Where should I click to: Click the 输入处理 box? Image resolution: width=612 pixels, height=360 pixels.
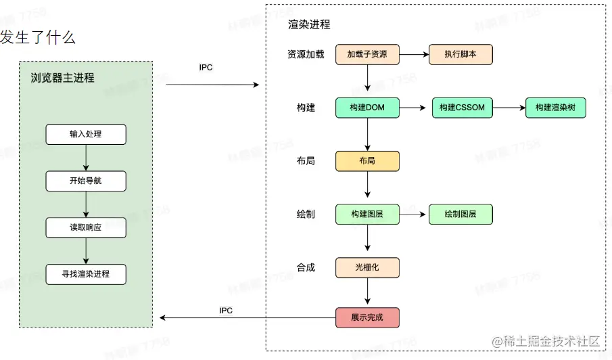(x=86, y=135)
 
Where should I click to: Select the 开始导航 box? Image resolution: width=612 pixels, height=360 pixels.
(x=86, y=181)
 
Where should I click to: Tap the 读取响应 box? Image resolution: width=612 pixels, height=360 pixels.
(x=86, y=228)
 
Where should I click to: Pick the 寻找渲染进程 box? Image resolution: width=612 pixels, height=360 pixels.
(x=86, y=274)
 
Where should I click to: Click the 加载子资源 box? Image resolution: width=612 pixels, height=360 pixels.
(x=367, y=54)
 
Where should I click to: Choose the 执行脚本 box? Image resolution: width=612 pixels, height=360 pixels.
(x=461, y=54)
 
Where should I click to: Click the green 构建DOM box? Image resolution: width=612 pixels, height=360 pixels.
(x=367, y=108)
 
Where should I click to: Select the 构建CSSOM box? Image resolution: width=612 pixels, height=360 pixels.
(x=462, y=108)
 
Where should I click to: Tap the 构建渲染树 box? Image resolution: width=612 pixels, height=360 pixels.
(x=555, y=108)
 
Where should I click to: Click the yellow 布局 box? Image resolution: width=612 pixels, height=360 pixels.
(x=367, y=161)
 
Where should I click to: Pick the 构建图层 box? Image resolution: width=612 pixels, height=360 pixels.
(x=367, y=215)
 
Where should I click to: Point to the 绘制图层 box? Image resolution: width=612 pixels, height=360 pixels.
(x=461, y=215)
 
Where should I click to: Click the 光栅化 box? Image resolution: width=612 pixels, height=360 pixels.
(x=367, y=267)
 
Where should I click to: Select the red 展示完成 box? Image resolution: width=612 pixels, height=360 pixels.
(x=367, y=317)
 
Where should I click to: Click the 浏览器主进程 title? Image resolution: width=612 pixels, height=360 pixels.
(x=63, y=78)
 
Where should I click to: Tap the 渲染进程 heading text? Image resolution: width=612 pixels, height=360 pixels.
(x=310, y=24)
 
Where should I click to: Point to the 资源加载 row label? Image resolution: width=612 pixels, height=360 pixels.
(x=306, y=54)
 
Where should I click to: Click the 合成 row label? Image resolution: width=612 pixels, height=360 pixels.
(x=306, y=267)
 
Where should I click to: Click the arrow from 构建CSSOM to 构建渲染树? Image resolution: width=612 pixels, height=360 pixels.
(x=508, y=108)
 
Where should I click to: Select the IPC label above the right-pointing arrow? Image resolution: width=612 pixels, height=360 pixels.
(x=206, y=68)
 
